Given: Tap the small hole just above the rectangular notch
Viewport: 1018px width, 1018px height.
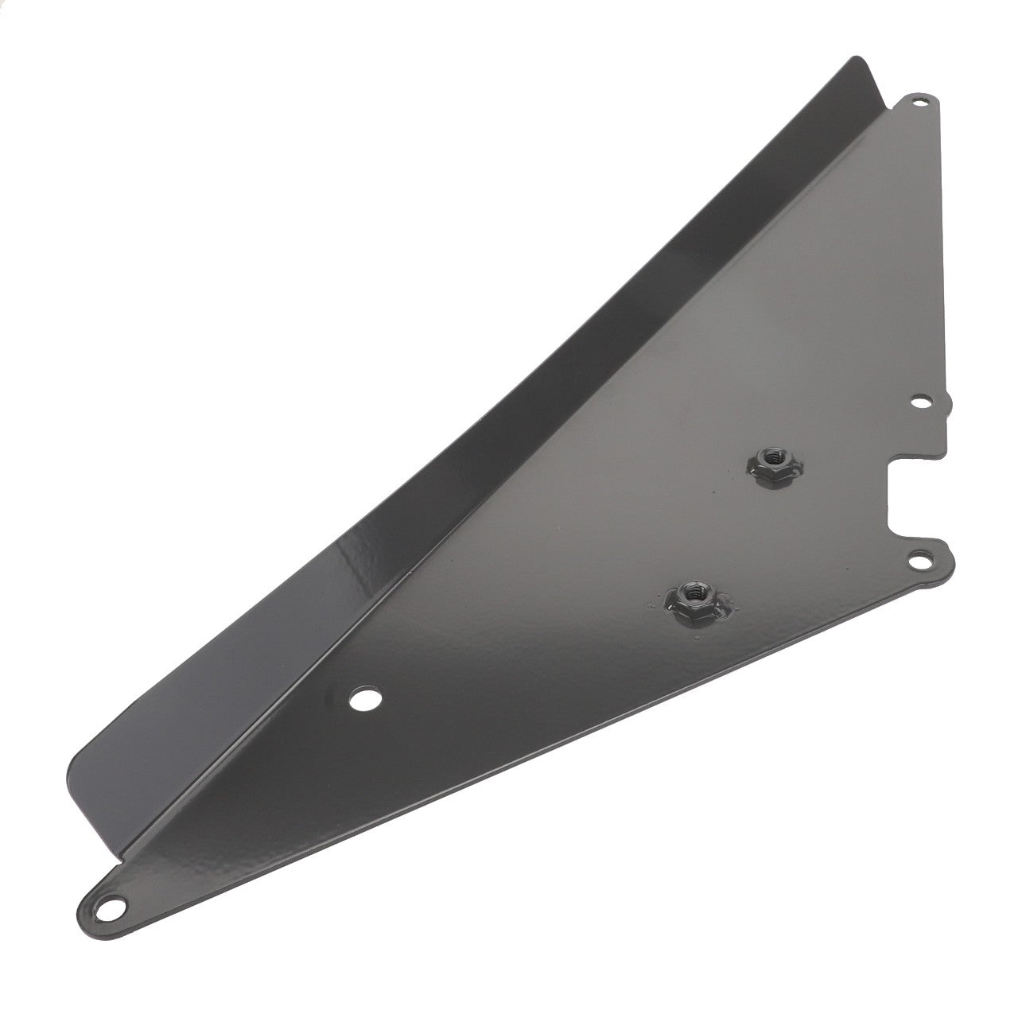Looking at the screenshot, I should (x=921, y=402).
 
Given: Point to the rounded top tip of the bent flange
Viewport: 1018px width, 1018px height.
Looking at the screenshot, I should (x=857, y=60).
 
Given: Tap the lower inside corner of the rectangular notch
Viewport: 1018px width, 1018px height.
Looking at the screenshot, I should (x=891, y=531).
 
